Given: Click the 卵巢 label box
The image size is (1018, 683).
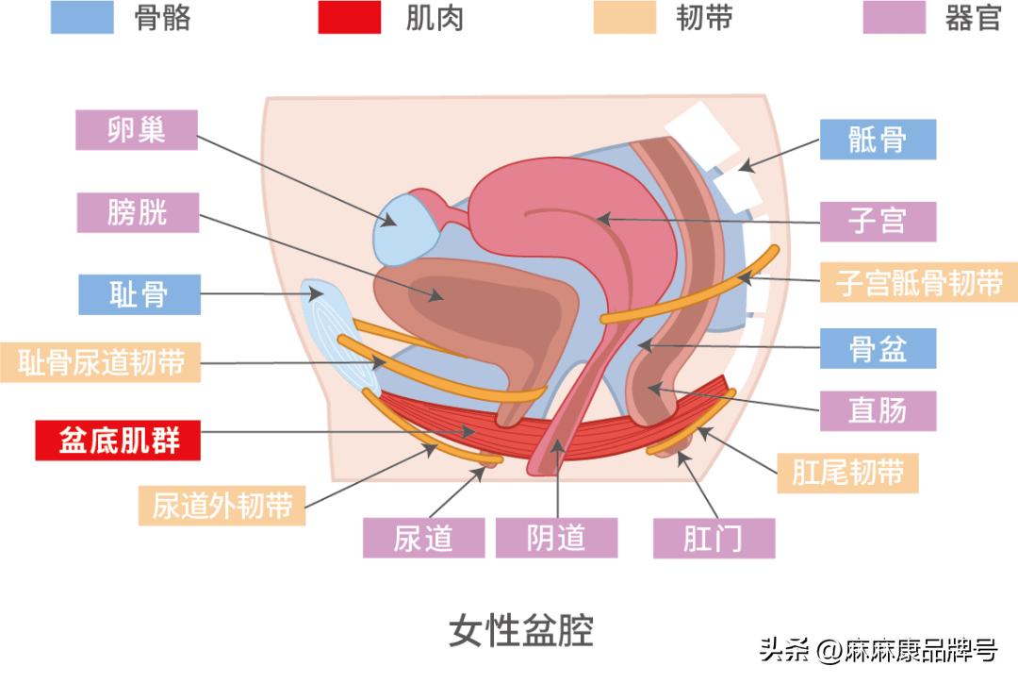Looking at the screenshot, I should (x=137, y=130).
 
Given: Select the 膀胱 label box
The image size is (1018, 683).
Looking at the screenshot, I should (x=138, y=212).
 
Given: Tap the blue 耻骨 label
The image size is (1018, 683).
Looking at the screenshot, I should (x=140, y=294).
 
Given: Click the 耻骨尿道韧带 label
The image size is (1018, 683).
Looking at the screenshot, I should (x=102, y=362).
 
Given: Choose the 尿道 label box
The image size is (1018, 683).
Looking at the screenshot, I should (x=424, y=538).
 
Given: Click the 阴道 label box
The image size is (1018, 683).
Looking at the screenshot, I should (x=556, y=538).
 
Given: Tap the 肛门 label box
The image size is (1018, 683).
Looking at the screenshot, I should (x=714, y=538).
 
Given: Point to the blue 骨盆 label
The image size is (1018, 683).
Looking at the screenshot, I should (x=878, y=348).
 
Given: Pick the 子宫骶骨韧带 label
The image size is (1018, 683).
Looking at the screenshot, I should (x=919, y=282).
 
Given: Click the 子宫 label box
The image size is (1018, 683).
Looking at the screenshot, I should (x=878, y=221).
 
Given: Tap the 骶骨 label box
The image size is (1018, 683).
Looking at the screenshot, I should (x=878, y=140).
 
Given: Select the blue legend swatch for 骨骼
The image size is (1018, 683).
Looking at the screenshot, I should (x=82, y=17).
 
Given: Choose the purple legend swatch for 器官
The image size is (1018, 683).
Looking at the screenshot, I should (x=894, y=17).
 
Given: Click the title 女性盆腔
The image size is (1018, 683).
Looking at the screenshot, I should (x=521, y=630).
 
